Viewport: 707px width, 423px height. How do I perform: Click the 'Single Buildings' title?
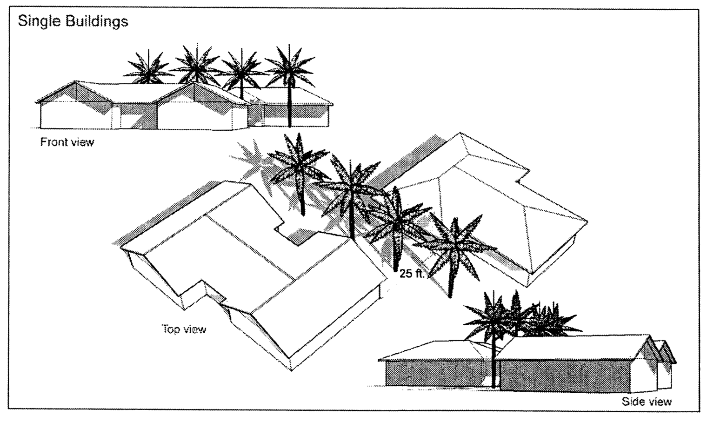point(73,21)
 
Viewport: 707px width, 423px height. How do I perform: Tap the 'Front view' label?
point(67,142)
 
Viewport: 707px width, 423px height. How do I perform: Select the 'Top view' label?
point(184,329)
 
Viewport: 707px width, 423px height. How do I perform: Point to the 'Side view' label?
point(647,401)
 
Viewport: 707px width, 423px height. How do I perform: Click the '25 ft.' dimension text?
point(412,274)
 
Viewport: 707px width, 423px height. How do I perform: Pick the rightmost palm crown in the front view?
point(289,65)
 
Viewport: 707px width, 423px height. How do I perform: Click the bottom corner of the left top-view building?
point(291,370)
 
